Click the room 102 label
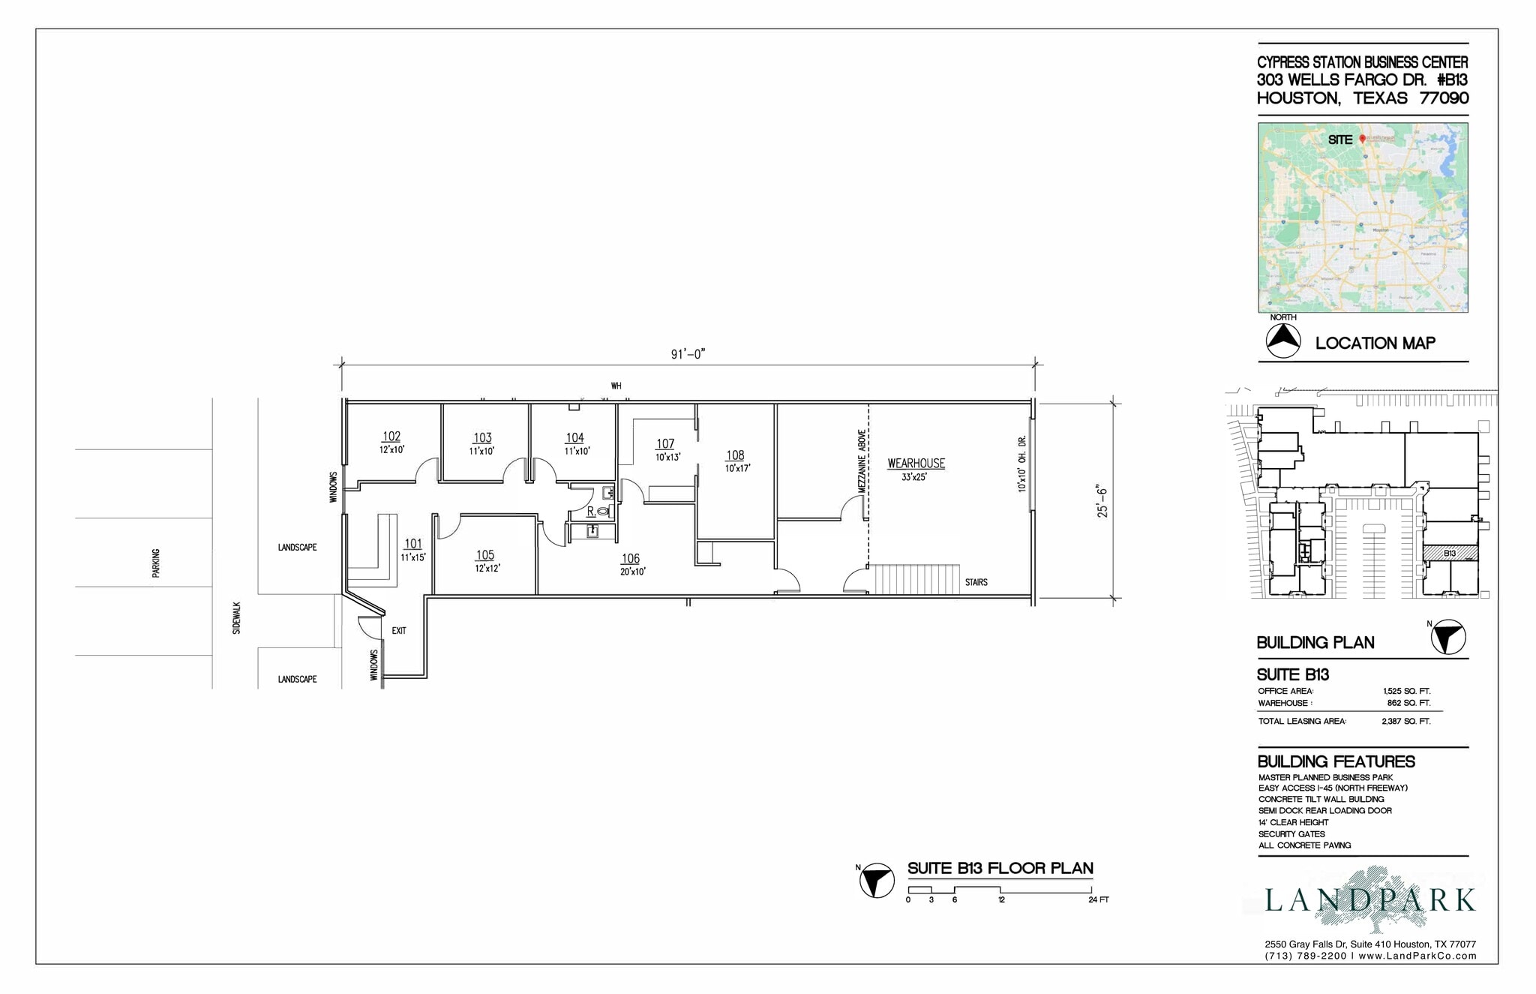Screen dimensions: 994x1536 point(391,437)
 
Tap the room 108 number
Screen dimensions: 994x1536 point(735,455)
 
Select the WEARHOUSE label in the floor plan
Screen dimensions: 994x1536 point(916,464)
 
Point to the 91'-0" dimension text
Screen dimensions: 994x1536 point(688,354)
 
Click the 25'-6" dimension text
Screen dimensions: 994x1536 point(1102,501)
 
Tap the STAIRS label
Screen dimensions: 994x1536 point(976,582)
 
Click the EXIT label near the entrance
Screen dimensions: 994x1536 point(399,631)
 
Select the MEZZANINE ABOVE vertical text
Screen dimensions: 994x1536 point(862,461)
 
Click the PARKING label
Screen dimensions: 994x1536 point(156,563)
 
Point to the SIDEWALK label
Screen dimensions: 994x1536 point(237,618)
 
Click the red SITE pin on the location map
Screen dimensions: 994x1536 point(1363,139)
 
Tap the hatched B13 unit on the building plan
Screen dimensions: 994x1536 point(1450,554)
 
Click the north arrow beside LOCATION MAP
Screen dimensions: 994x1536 point(1283,341)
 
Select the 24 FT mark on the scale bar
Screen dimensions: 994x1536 point(1098,899)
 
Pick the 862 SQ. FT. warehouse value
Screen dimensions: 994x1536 point(1408,704)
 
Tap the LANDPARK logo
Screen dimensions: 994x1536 point(1370,899)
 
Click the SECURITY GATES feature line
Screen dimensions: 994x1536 point(1291,834)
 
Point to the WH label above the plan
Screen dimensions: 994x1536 point(616,386)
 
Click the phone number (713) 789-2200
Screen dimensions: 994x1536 point(1305,956)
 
